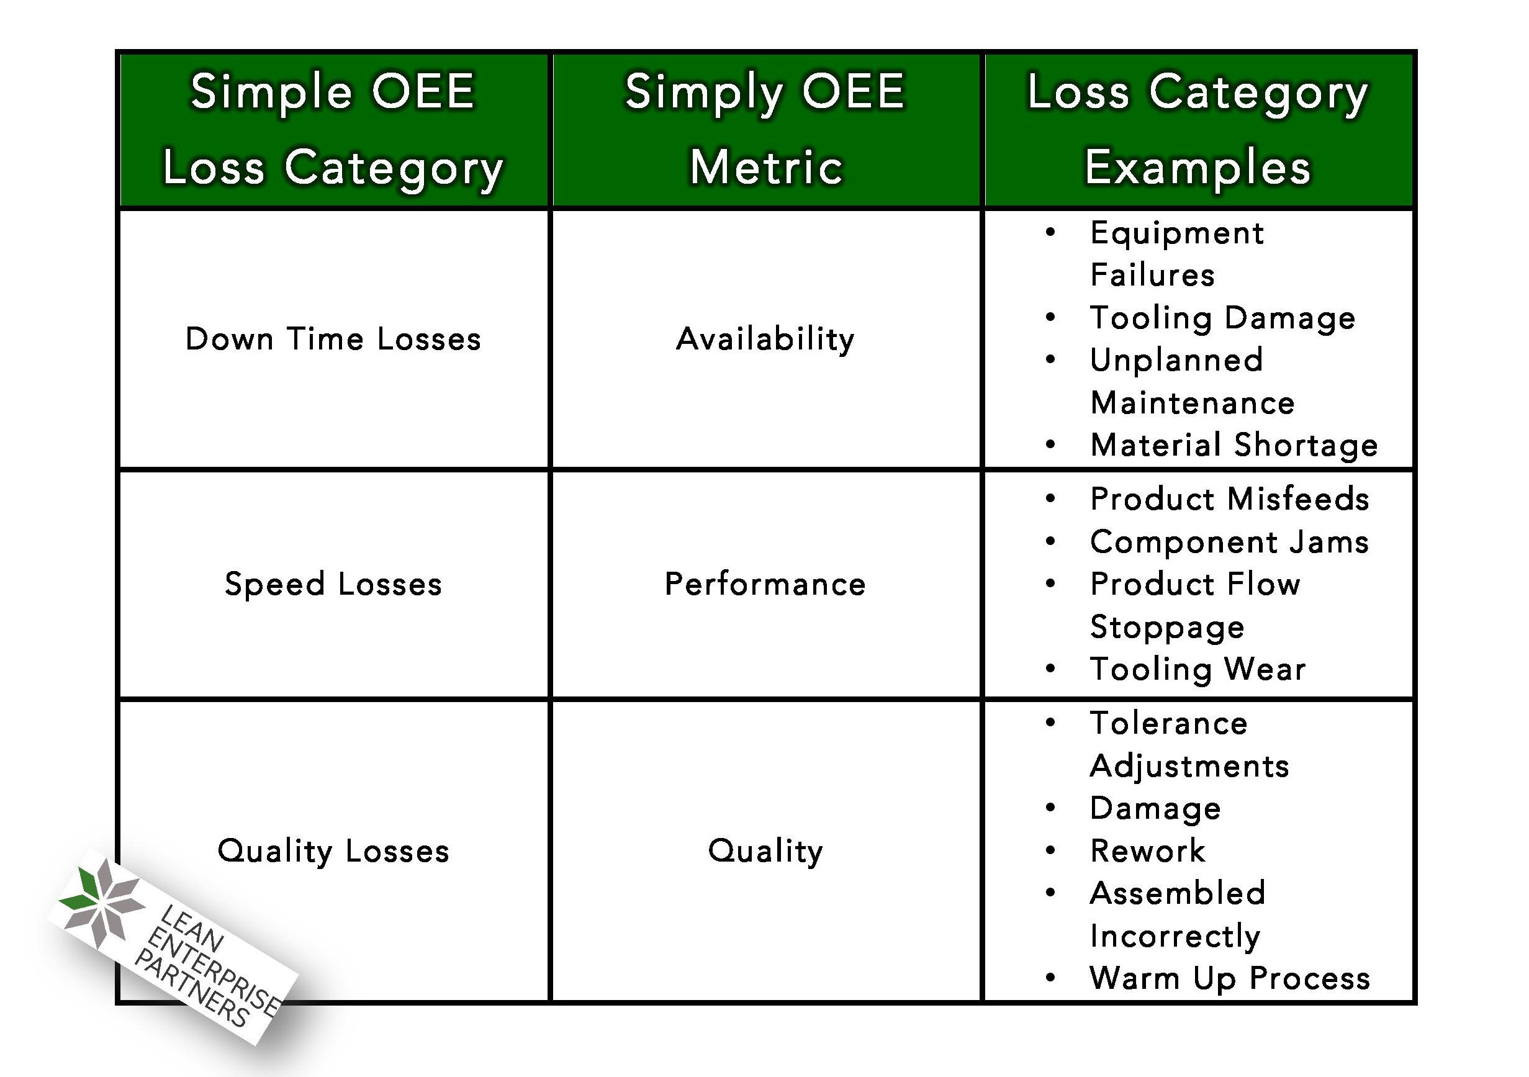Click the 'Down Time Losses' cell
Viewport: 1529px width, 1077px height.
coord(333,339)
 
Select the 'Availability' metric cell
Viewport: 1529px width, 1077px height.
coord(765,339)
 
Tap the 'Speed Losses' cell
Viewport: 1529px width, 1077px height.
coord(333,584)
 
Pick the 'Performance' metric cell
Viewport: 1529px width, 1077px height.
coord(765,584)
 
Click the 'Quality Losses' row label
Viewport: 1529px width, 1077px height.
coord(333,850)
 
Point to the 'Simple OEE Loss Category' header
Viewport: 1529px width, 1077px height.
coord(333,129)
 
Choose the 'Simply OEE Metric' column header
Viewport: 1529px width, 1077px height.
coord(765,129)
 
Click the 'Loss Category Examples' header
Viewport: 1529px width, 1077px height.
coord(1197,129)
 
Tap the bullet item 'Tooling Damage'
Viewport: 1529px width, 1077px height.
coord(1222,318)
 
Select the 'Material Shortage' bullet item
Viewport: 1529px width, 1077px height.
coord(1234,445)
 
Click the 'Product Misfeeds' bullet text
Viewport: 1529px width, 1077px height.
coord(1229,499)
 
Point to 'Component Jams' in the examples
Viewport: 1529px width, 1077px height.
coord(1229,541)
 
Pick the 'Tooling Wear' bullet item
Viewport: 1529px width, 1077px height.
coord(1197,669)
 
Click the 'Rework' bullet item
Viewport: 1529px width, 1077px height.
coord(1147,850)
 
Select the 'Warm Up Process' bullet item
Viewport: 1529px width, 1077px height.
coord(1229,978)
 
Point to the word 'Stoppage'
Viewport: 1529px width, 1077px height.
coord(1166,627)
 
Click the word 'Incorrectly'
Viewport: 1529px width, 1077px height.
coord(1175,936)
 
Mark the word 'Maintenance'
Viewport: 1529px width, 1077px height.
coord(1192,403)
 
